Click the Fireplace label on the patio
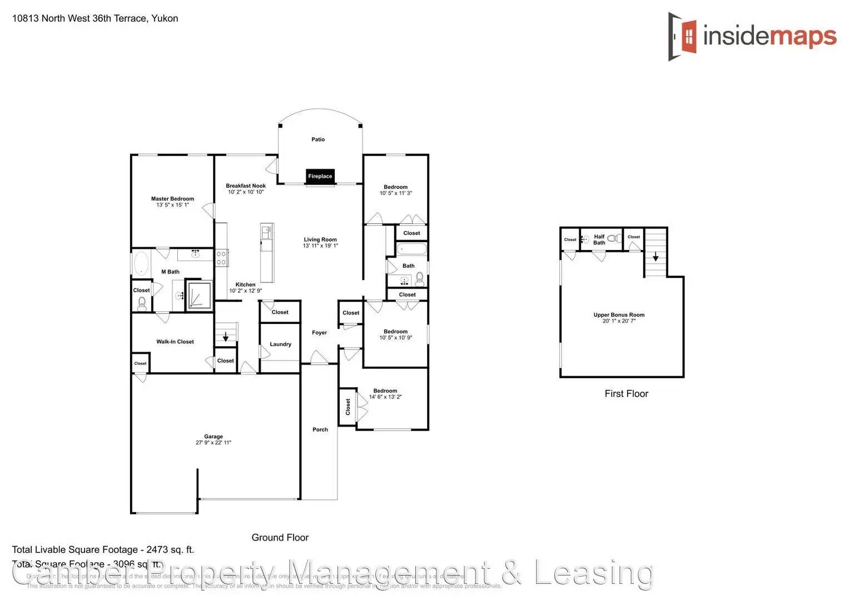[320, 176]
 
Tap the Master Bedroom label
[172, 199]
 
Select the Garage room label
[213, 437]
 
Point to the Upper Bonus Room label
[619, 315]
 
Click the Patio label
[318, 139]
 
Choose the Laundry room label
[280, 344]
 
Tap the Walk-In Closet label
[175, 342]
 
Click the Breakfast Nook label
[246, 186]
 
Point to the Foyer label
[319, 333]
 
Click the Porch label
[320, 429]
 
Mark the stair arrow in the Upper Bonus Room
[656, 257]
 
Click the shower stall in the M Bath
[198, 295]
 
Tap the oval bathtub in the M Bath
[141, 263]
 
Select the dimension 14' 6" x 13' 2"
[385, 397]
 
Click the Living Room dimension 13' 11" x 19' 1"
[320, 246]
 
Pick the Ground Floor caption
[280, 537]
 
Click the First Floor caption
[626, 393]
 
